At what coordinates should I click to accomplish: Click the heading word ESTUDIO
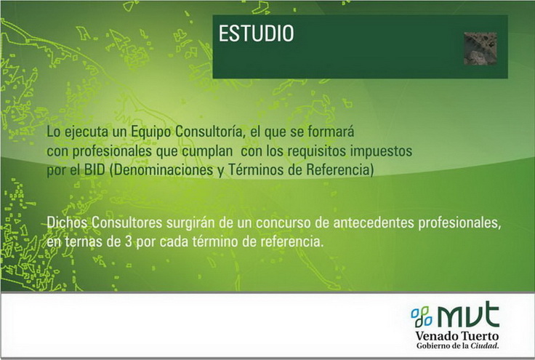pyautogui.click(x=256, y=33)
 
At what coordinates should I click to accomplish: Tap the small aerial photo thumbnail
pyautogui.click(x=480, y=49)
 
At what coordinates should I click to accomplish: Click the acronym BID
pyautogui.click(x=94, y=170)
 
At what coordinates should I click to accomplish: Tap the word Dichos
pyautogui.click(x=67, y=223)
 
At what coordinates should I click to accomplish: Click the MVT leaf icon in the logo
pyautogui.click(x=422, y=317)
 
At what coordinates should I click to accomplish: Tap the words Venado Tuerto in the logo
pyautogui.click(x=457, y=336)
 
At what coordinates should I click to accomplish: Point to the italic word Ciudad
pyautogui.click(x=485, y=345)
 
